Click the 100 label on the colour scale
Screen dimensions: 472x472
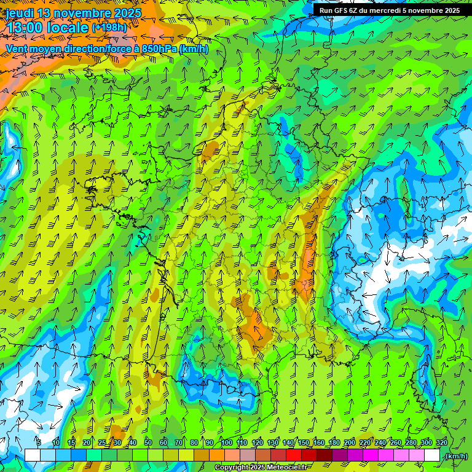(x=227, y=442)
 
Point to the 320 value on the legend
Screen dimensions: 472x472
(x=441, y=442)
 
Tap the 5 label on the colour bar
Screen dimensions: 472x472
(x=39, y=442)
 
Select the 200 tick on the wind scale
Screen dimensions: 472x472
(x=350, y=442)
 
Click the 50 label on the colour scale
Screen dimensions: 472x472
(x=148, y=442)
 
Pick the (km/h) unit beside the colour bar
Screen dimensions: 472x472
(x=455, y=456)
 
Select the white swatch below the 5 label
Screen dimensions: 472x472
(x=32, y=455)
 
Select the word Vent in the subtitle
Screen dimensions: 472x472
(x=17, y=49)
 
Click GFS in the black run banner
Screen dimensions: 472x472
(x=342, y=10)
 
